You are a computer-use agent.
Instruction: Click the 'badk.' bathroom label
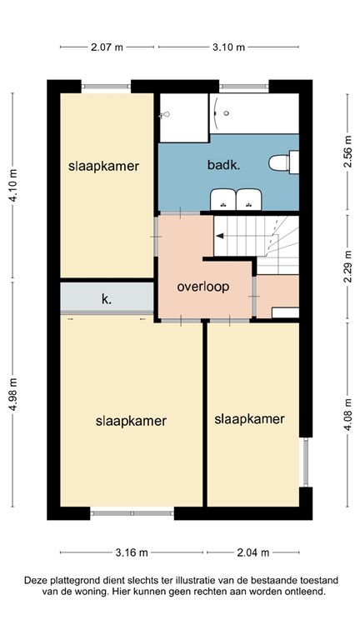pyautogui.click(x=223, y=165)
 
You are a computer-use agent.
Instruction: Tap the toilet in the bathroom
pyautogui.click(x=282, y=161)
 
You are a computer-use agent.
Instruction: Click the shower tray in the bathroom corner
pyautogui.click(x=182, y=117)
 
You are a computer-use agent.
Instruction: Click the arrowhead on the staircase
pyautogui.click(x=219, y=236)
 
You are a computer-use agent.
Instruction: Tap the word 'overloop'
pyautogui.click(x=203, y=287)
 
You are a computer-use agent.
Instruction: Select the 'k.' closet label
pyautogui.click(x=107, y=297)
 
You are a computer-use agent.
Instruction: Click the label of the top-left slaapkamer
pyautogui.click(x=103, y=166)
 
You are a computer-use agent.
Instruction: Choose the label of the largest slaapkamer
pyautogui.click(x=132, y=420)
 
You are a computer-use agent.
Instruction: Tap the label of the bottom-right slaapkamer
pyautogui.click(x=250, y=418)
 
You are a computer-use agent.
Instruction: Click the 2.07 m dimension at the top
pyautogui.click(x=107, y=47)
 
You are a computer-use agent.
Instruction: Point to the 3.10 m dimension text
pyautogui.click(x=228, y=47)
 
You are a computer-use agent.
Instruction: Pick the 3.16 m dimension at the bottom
pyautogui.click(x=132, y=552)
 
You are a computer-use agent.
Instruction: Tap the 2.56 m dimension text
pyautogui.click(x=347, y=152)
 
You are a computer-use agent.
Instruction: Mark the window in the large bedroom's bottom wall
pyautogui.click(x=132, y=512)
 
